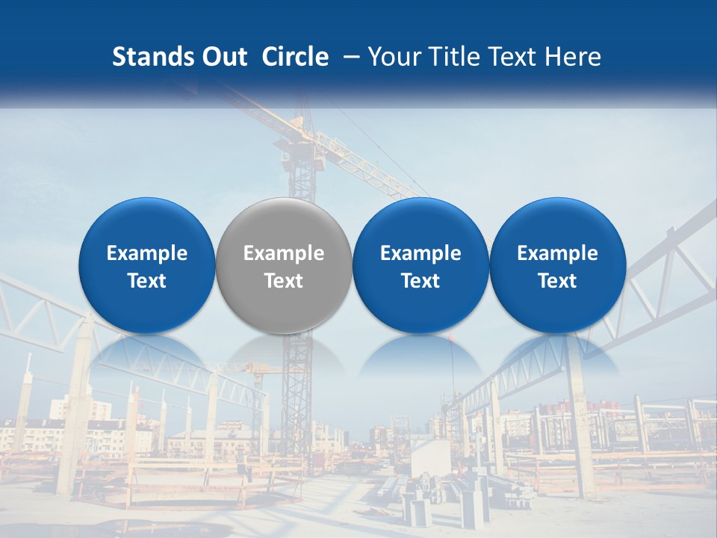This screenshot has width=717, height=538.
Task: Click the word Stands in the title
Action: [x=152, y=57]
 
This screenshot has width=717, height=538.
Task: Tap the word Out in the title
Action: [x=222, y=57]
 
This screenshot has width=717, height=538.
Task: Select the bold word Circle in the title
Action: [x=295, y=57]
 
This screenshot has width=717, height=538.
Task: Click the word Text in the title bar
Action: [x=509, y=57]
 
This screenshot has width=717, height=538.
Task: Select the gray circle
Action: [x=284, y=224]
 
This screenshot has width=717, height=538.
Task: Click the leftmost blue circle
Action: [x=146, y=224]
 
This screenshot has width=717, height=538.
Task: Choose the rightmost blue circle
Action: [x=558, y=224]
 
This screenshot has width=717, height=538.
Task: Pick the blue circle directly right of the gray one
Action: [x=420, y=224]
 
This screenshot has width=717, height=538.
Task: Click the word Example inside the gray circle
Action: [x=284, y=253]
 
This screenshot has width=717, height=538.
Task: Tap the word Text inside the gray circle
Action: [x=284, y=281]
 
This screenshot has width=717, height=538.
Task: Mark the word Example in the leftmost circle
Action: [x=146, y=253]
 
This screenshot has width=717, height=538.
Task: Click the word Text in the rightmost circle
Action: [x=558, y=281]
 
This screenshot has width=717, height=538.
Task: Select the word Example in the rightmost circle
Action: [x=558, y=253]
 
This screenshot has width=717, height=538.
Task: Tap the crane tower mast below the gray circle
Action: [x=299, y=403]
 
